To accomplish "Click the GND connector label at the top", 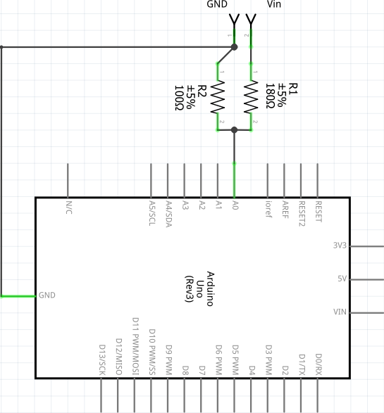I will tap(217, 4).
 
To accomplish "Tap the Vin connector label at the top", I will tap(276, 4).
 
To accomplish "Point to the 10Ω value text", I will tap(179, 98).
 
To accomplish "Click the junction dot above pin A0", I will tap(235, 129).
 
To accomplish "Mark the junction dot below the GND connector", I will tap(235, 46).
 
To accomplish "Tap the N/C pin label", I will tap(69, 207).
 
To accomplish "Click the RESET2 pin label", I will tap(302, 212).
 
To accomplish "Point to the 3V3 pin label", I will tap(340, 246).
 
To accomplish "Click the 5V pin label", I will tap(342, 279).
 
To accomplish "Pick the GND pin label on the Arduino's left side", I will tap(47, 296).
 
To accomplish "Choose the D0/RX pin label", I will tap(318, 363).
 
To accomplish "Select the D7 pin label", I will tap(202, 369).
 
